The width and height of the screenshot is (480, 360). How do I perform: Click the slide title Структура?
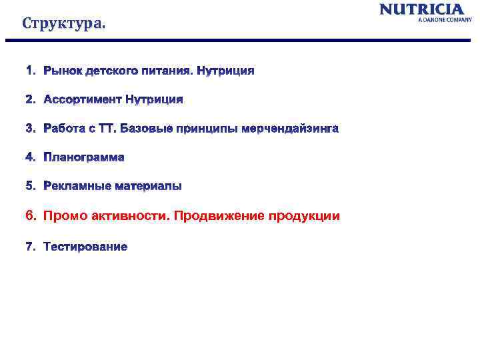coord(63,24)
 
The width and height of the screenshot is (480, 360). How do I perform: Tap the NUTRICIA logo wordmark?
coord(421,9)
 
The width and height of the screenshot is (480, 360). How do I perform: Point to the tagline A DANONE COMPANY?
coord(445,20)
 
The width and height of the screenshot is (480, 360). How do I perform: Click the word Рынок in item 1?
coord(61,70)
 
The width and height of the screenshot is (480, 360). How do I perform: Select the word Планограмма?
coord(84,157)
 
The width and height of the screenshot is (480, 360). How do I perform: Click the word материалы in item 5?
coord(148,186)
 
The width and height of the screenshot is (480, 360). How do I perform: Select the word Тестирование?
coord(85,247)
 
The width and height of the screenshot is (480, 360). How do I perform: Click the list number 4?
coord(29,157)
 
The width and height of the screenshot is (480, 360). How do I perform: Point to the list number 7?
coord(29,247)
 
